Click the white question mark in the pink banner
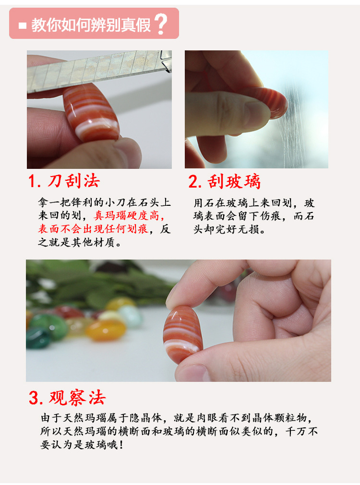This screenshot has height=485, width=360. tap(161, 24)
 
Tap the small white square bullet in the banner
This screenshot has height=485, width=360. tap(22, 25)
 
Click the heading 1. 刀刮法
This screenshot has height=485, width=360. tap(64, 181)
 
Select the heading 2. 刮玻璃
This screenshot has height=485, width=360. tap(225, 181)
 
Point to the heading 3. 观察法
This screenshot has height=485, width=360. tap(67, 398)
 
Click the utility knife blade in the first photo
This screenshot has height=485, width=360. tap(99, 72)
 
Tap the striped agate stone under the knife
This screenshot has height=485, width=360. tap(91, 113)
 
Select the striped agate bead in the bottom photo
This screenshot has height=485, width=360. tap(182, 334)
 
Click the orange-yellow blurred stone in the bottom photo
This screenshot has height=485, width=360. tap(106, 330)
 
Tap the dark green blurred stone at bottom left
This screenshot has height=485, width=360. tap(37, 338)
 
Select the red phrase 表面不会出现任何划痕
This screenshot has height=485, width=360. tap(93, 229)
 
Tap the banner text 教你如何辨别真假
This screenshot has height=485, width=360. tap(91, 25)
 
